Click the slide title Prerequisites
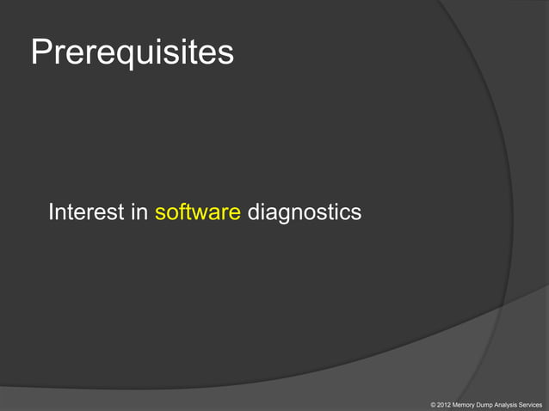tap(132, 52)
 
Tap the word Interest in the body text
tap(86, 212)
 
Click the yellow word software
tap(197, 212)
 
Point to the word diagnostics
tap(304, 212)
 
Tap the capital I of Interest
tap(52, 212)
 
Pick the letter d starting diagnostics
tap(253, 212)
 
